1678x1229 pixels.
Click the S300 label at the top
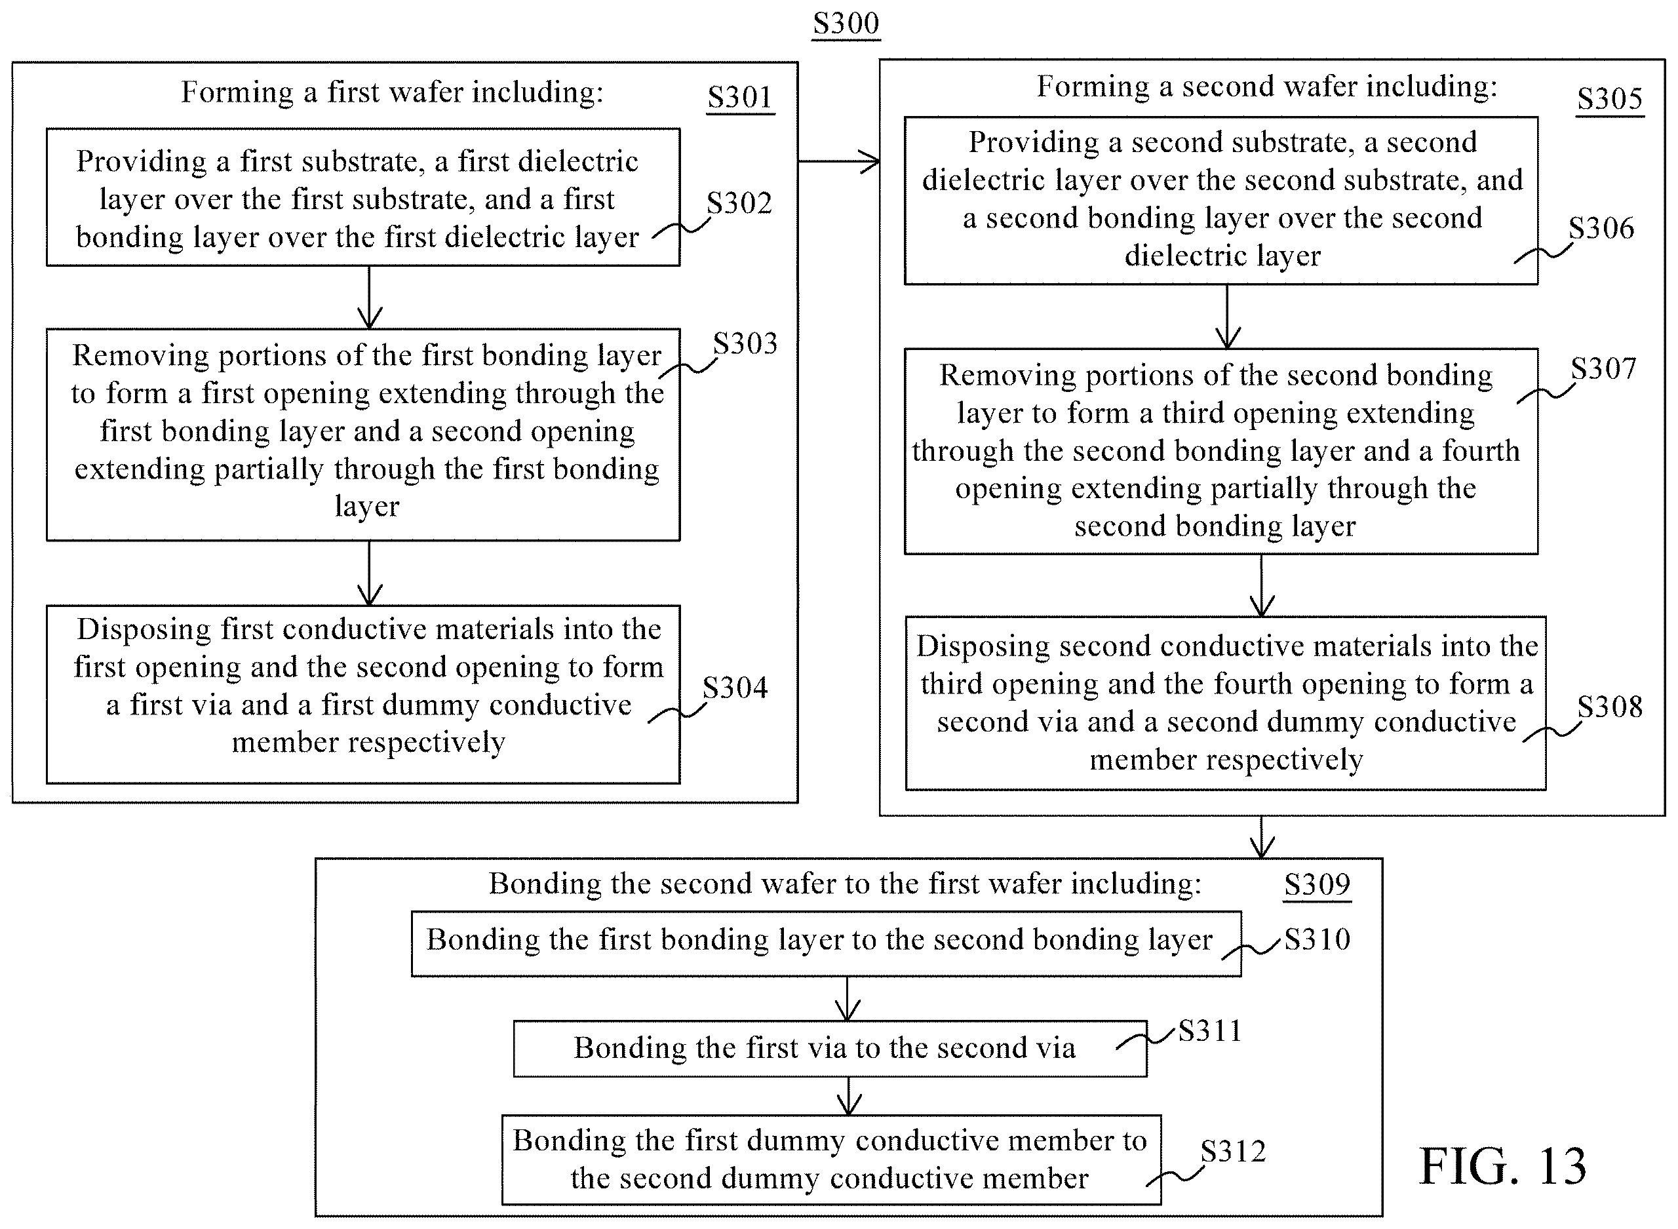click(x=846, y=23)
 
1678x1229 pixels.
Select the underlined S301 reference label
click(x=740, y=98)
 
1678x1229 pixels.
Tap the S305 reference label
click(x=1610, y=99)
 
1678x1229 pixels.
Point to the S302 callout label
click(x=739, y=203)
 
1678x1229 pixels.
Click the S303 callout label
click(x=745, y=343)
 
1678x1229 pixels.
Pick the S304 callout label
click(x=735, y=688)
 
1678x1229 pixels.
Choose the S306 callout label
click(x=1601, y=227)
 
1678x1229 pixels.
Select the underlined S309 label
click(x=1317, y=885)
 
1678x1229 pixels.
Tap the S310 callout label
click(x=1317, y=939)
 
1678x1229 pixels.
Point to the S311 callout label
click(x=1210, y=1031)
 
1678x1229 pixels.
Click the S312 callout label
click(x=1233, y=1152)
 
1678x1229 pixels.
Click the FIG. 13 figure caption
click(x=1502, y=1166)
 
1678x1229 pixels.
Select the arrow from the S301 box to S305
click(x=839, y=161)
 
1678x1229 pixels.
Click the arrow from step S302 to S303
click(x=370, y=298)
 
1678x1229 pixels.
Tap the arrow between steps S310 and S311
click(x=848, y=998)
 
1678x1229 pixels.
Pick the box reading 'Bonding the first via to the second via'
click(x=830, y=1049)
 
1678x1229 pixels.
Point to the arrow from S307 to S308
click(x=1262, y=585)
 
